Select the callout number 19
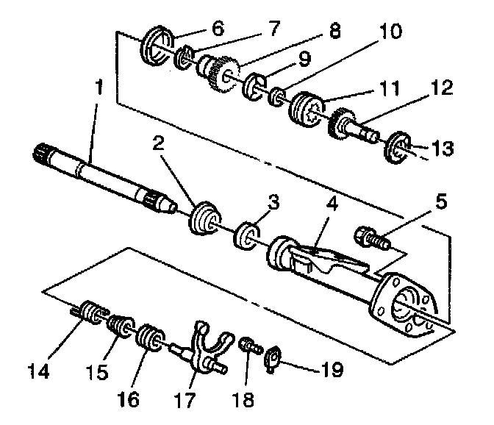[x=332, y=369]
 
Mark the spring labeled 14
[x=90, y=315]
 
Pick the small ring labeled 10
[x=278, y=96]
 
